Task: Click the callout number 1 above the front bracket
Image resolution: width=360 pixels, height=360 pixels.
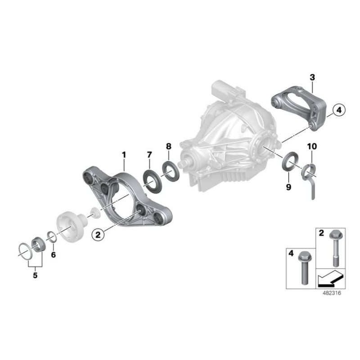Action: tap(124, 155)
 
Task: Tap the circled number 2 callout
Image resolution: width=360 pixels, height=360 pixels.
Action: tap(98, 234)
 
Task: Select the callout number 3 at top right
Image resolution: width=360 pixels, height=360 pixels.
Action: tap(312, 77)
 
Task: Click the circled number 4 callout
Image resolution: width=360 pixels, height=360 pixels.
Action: tap(339, 110)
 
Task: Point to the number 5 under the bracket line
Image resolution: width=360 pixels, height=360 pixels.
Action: tap(35, 275)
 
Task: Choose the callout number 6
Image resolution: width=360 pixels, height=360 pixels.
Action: tap(53, 254)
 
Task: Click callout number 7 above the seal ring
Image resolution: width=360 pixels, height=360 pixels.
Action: tap(149, 155)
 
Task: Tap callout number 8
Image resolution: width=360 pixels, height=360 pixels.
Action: tap(168, 146)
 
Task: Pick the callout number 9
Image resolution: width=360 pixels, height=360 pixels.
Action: tap(288, 187)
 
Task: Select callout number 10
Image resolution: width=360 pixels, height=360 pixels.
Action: tap(312, 146)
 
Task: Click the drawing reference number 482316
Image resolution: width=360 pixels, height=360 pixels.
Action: tap(332, 293)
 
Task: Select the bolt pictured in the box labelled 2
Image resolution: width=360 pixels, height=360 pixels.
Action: tap(336, 248)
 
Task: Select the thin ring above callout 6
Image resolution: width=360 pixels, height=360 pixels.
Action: tap(52, 237)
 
